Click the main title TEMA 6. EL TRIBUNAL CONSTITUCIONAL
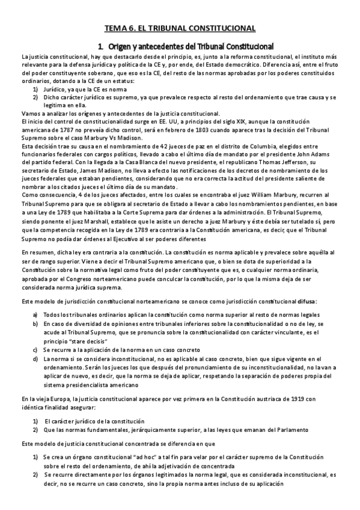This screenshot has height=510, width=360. pos(180,28)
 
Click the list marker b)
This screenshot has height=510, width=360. pos(36,323)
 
